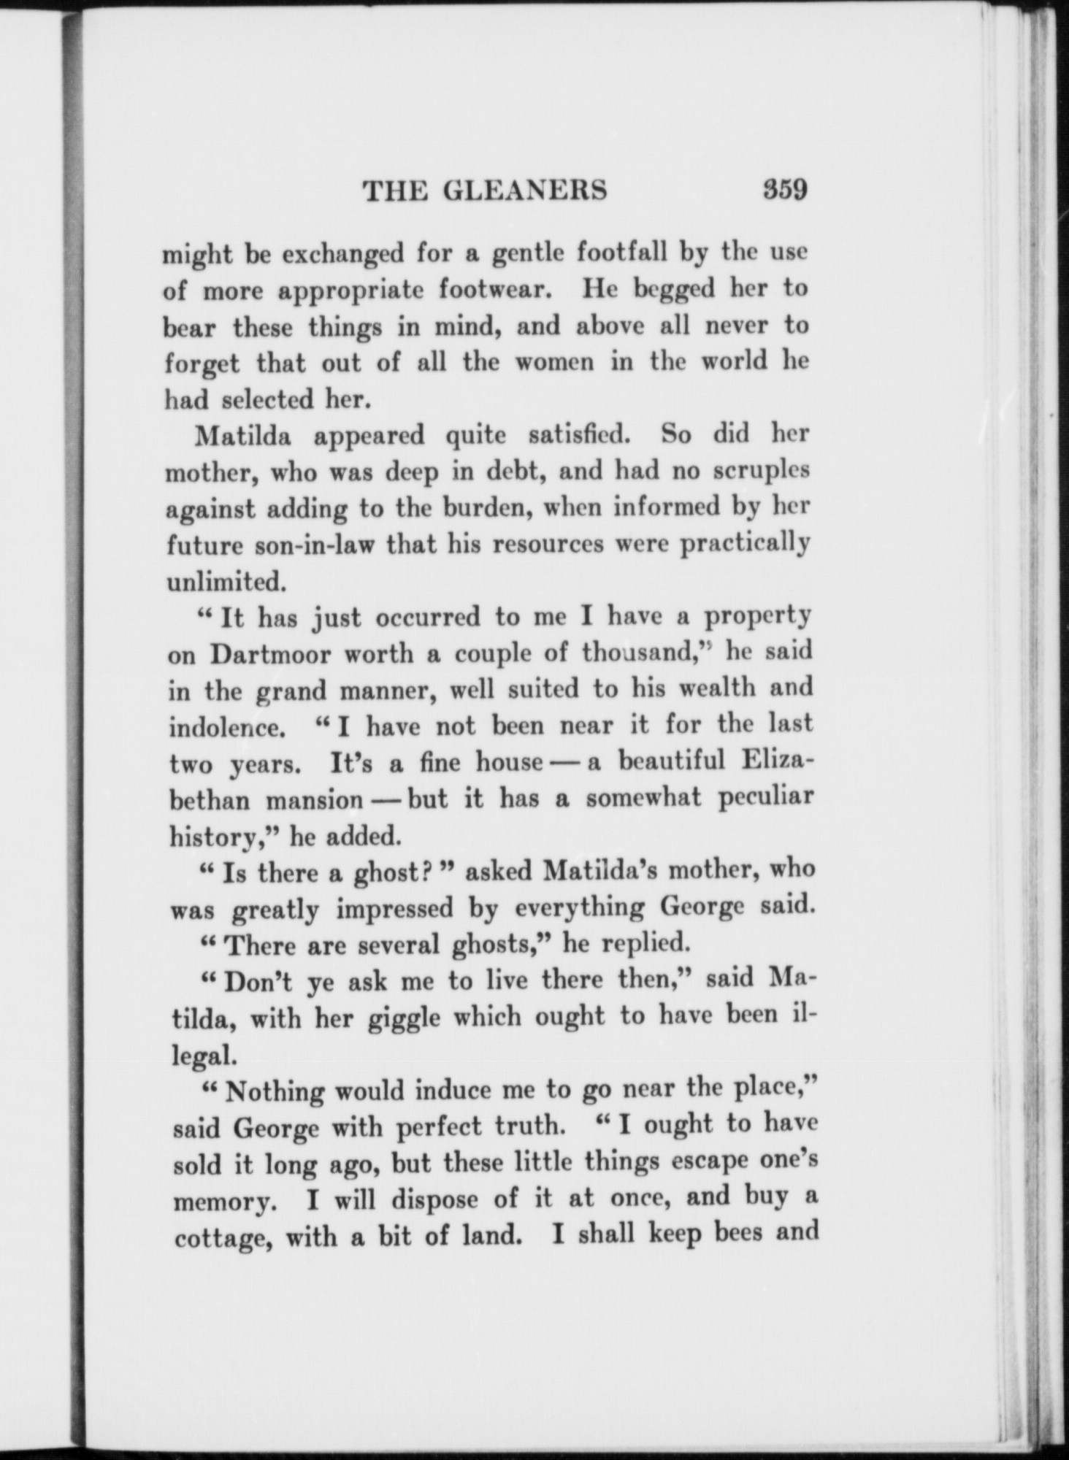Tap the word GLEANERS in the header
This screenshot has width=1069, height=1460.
tap(525, 191)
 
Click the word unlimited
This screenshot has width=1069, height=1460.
tap(222, 581)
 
